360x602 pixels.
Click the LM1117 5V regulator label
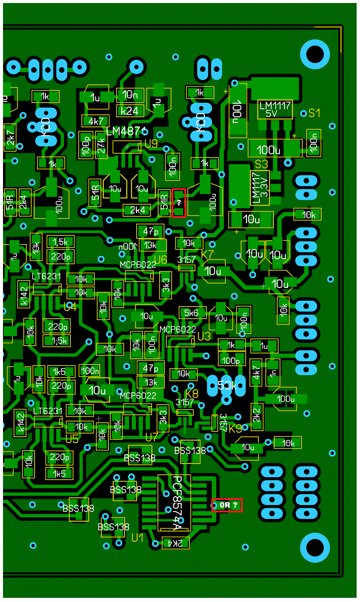pos(275,109)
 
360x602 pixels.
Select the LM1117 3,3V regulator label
pos(260,187)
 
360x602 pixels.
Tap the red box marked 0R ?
pos(227,505)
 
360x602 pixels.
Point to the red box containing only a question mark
pos(179,203)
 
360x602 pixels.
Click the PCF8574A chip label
pos(177,503)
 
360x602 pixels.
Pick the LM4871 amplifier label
pos(126,131)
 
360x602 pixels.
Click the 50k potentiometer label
pos(227,386)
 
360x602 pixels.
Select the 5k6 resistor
pos(191,313)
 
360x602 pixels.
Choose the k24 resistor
pos(129,111)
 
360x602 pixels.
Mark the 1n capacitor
pos(273,372)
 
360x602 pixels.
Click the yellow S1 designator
pos(314,113)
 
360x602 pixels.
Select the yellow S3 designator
pos(261,164)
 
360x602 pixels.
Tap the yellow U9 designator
pos(151,144)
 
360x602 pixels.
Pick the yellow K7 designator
pos(207,255)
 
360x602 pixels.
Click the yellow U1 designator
pos(137,538)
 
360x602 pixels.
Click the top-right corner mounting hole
pos(315,54)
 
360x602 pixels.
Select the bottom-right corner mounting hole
pos(315,548)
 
